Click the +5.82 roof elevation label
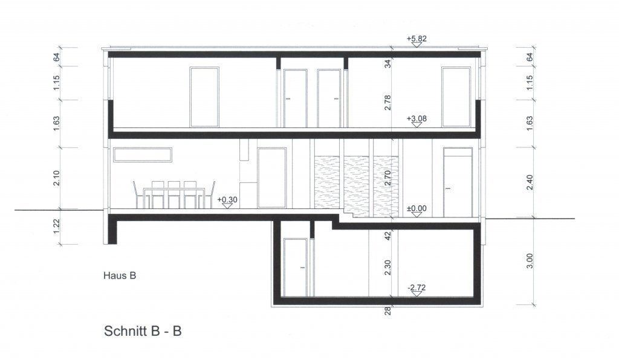tap(416, 39)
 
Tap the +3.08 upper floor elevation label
tap(417, 119)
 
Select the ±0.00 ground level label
tap(417, 208)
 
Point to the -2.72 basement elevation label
tap(417, 288)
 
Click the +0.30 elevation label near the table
tap(227, 199)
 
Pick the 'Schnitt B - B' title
tap(143, 331)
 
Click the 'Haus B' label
tap(118, 276)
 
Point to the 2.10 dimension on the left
tap(56, 178)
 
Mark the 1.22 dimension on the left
tap(56, 227)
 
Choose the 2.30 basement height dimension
tap(388, 266)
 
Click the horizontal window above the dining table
tap(143, 155)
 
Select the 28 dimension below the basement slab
tap(388, 311)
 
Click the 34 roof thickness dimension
tap(388, 63)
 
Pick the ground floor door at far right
tap(457, 182)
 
